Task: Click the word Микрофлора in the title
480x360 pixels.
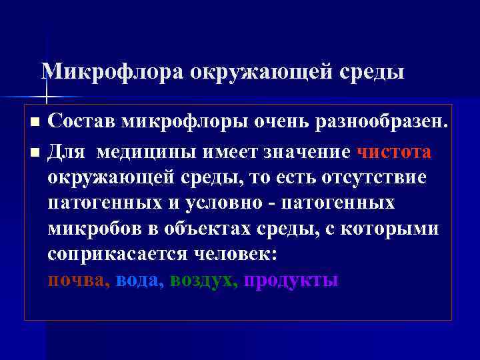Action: point(112,71)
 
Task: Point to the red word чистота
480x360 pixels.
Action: point(394,152)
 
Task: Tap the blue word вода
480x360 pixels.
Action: point(137,280)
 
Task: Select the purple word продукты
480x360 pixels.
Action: point(291,280)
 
